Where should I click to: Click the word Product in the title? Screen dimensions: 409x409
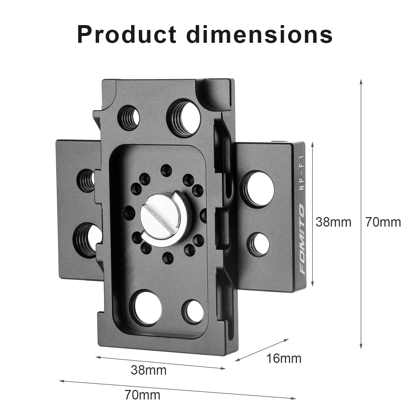coord(127,35)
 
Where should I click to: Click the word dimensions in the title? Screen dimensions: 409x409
coord(260,35)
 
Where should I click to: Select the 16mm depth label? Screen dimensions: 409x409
coord(284,358)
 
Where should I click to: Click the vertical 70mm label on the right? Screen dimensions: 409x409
coord(383,222)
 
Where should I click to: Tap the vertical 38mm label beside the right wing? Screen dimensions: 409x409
coord(333,222)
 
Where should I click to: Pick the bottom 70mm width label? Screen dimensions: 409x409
coord(143,395)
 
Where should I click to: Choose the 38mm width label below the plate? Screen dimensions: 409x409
coord(149,370)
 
